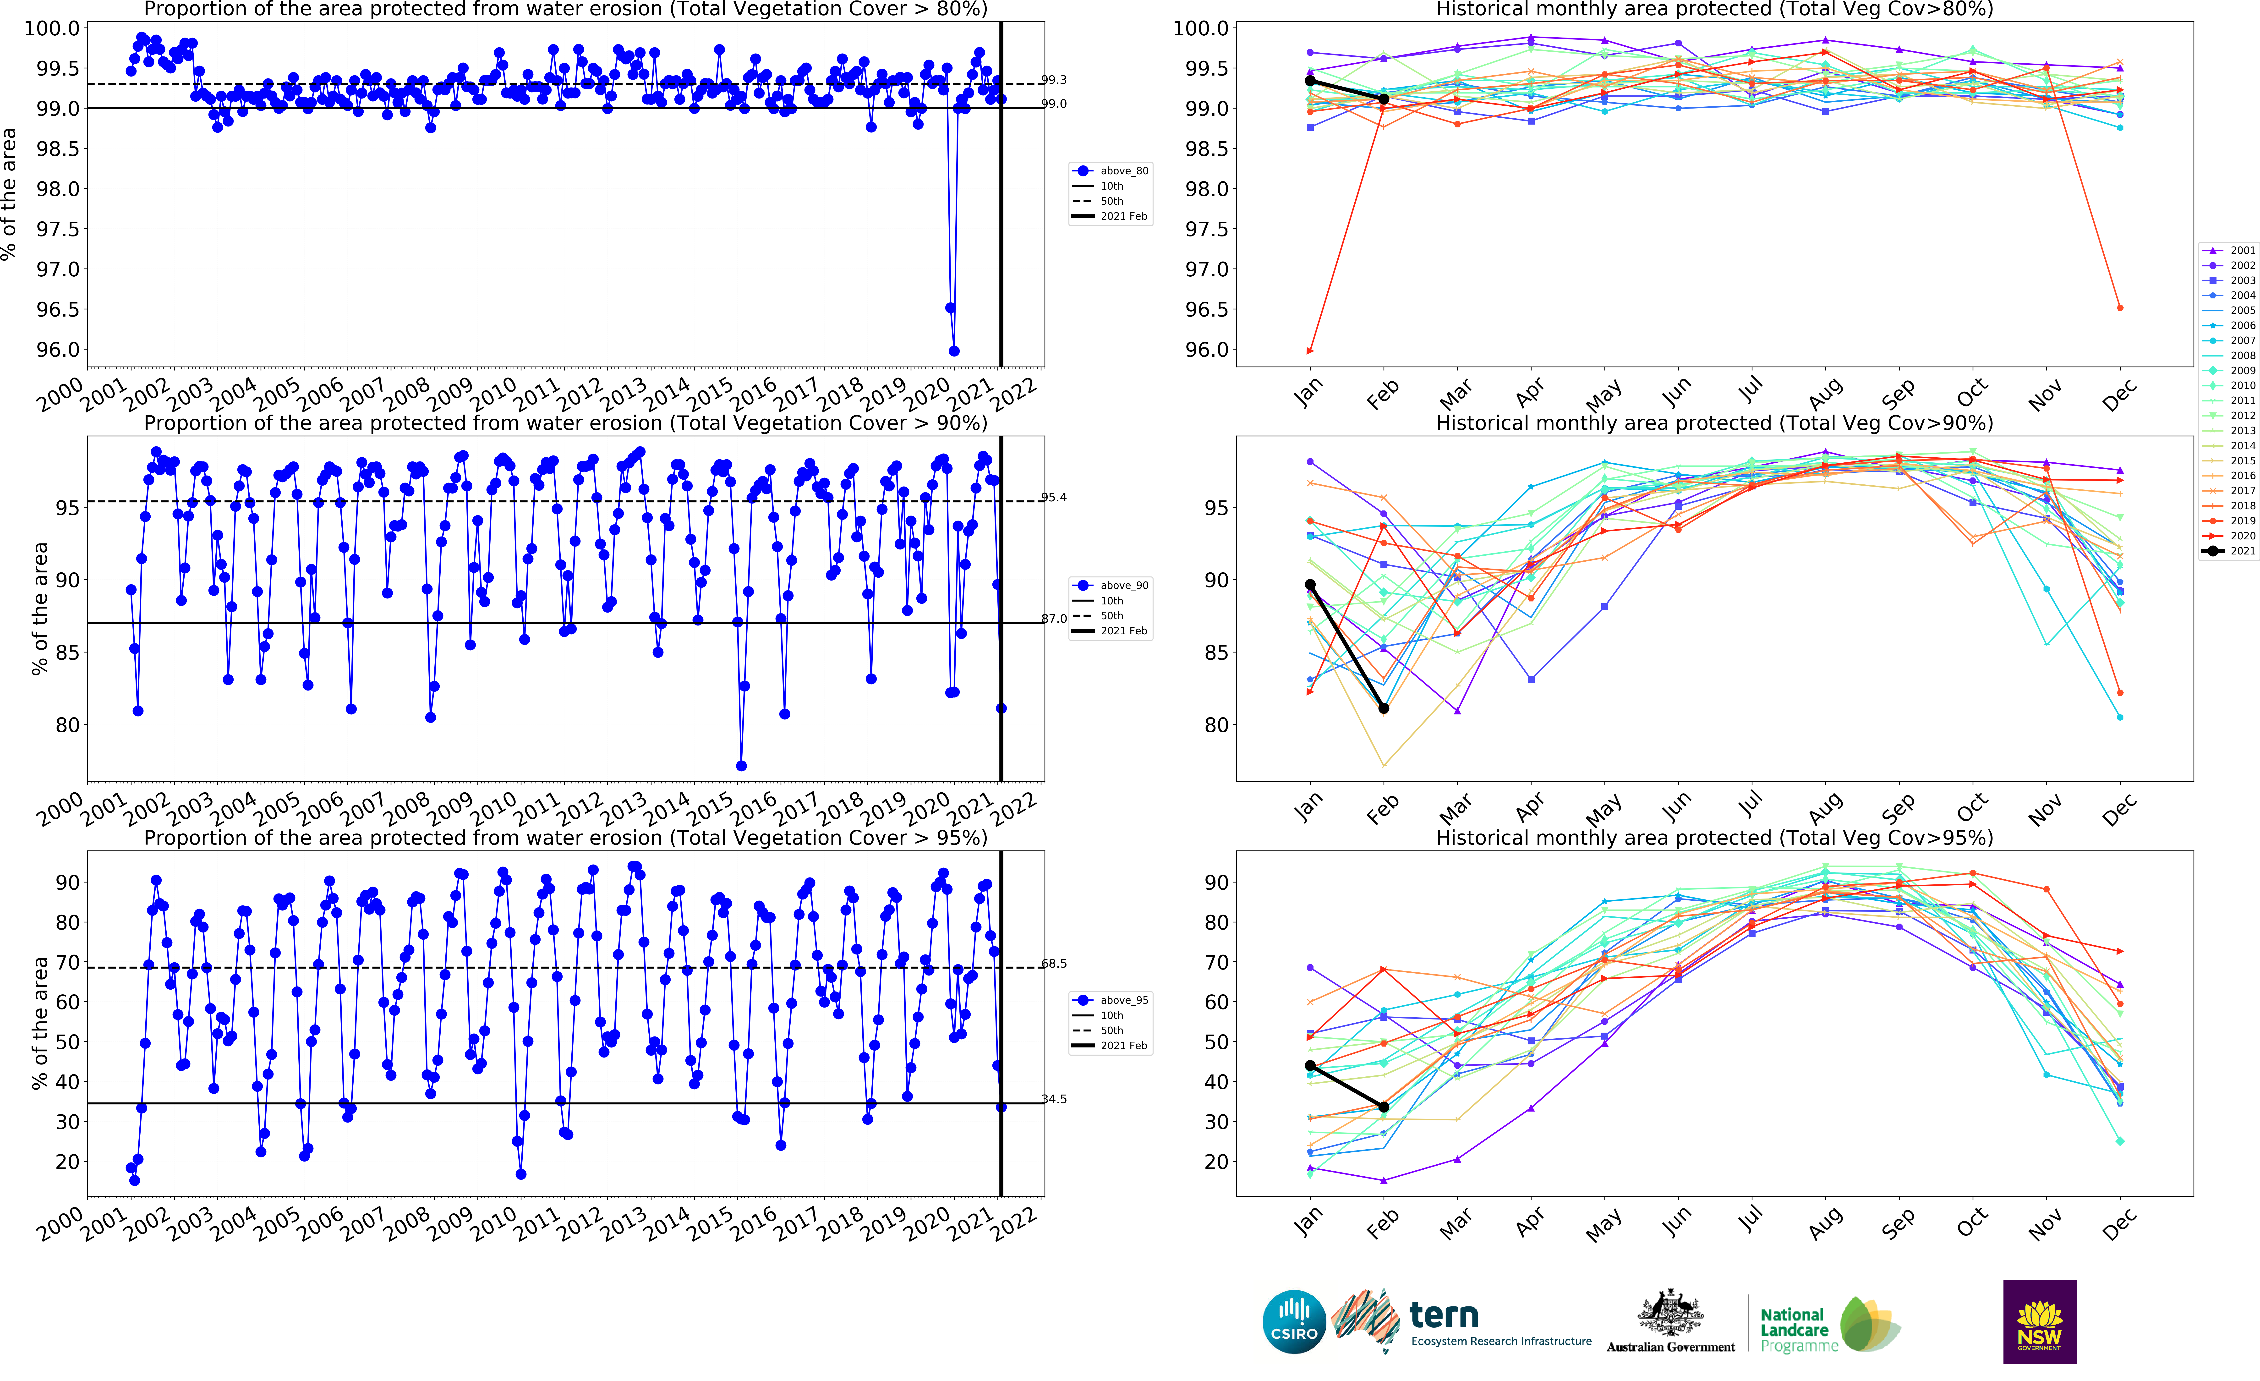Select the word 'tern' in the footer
point(1444,1316)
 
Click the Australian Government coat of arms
point(1670,1313)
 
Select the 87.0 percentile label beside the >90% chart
point(1054,619)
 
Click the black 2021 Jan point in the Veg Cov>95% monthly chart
point(1310,1066)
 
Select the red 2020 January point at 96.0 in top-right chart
point(1310,350)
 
